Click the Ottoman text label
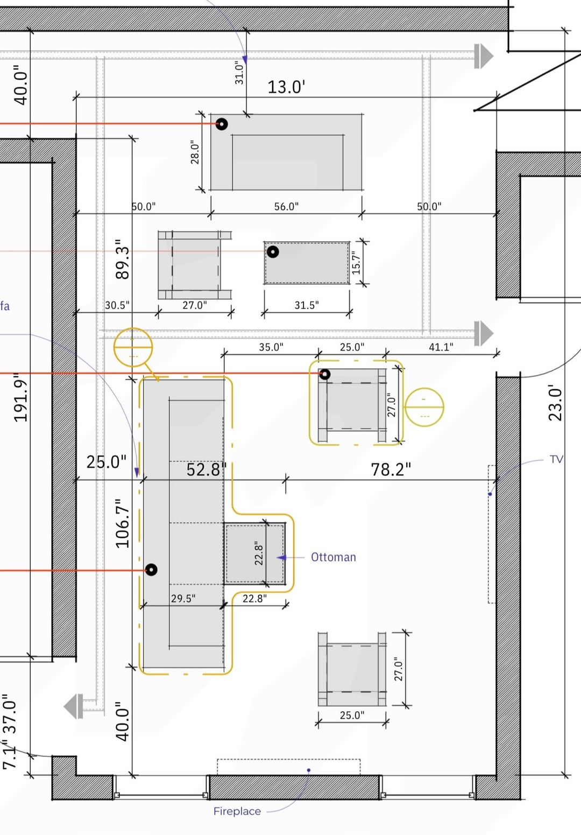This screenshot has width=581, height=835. pyautogui.click(x=334, y=557)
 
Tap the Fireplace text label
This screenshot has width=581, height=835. pyautogui.click(x=237, y=811)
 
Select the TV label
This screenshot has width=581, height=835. pyautogui.click(x=556, y=459)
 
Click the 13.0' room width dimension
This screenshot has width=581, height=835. pyautogui.click(x=286, y=87)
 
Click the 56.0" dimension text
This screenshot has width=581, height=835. pyautogui.click(x=286, y=206)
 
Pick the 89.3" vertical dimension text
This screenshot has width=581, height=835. pyautogui.click(x=123, y=259)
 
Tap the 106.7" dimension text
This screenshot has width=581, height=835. pyautogui.click(x=123, y=523)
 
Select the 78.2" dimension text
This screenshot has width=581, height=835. pyautogui.click(x=391, y=469)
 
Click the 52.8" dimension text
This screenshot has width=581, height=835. pyautogui.click(x=207, y=469)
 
